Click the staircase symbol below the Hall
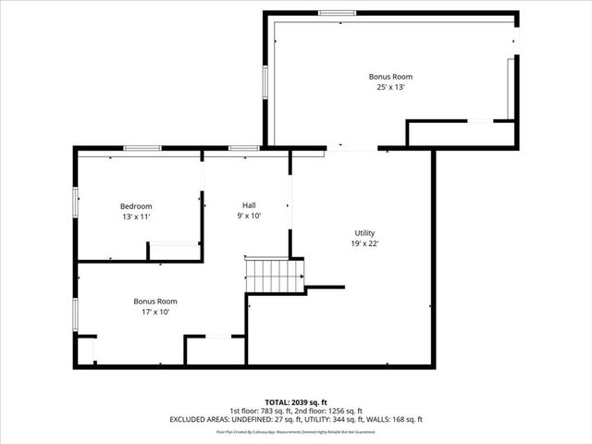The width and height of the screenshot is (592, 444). [274, 276]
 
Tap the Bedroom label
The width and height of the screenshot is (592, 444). [136, 206]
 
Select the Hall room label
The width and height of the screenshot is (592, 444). [249, 205]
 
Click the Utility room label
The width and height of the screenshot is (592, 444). [364, 233]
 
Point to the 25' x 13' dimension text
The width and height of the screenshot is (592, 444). [389, 87]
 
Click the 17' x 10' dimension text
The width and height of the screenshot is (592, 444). [154, 312]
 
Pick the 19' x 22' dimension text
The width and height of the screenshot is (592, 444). [364, 243]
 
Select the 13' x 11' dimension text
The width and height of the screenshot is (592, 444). [136, 216]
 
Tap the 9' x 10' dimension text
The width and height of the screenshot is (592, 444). [249, 216]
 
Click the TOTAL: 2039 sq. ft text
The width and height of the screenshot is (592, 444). [296, 401]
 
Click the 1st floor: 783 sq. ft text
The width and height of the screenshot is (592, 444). [262, 411]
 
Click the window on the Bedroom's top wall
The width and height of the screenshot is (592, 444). [142, 148]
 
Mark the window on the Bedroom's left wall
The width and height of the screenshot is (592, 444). [76, 202]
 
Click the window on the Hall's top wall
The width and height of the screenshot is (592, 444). [244, 148]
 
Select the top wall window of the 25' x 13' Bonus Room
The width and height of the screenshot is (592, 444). [337, 13]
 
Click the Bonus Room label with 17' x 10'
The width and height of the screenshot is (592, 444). [154, 302]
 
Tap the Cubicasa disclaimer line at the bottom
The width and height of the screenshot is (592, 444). [296, 431]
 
